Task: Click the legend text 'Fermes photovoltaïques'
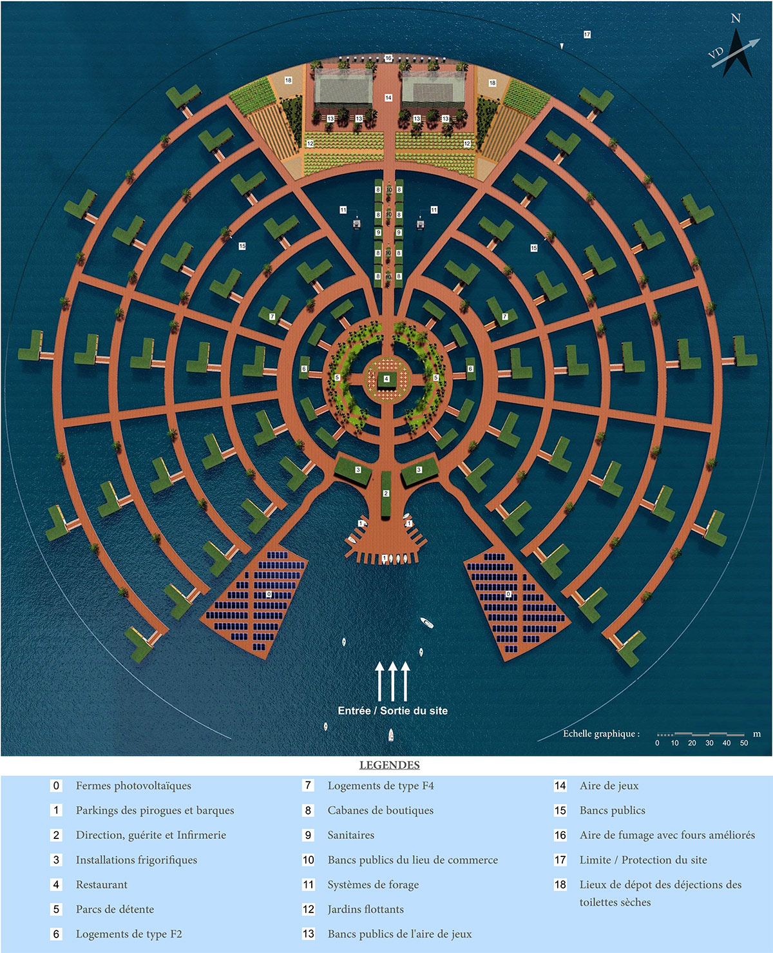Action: point(133,785)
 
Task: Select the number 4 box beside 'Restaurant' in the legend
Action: point(56,885)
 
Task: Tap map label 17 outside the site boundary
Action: point(587,34)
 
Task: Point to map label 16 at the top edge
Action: point(388,59)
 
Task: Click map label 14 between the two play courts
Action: point(388,98)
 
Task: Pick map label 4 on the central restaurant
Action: point(386,379)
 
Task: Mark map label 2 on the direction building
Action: point(386,494)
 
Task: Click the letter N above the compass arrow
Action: point(736,19)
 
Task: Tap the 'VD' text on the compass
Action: point(716,53)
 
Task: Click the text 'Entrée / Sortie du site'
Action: point(392,711)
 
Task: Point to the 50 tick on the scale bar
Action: point(744,743)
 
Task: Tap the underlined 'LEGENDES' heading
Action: point(389,765)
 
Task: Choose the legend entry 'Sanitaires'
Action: point(350,835)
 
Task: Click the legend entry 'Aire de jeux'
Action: point(609,785)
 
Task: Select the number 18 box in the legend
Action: point(560,885)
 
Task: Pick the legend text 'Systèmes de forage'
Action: point(373,885)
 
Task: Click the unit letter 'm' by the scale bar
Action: point(757,734)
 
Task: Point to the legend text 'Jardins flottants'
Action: point(365,909)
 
